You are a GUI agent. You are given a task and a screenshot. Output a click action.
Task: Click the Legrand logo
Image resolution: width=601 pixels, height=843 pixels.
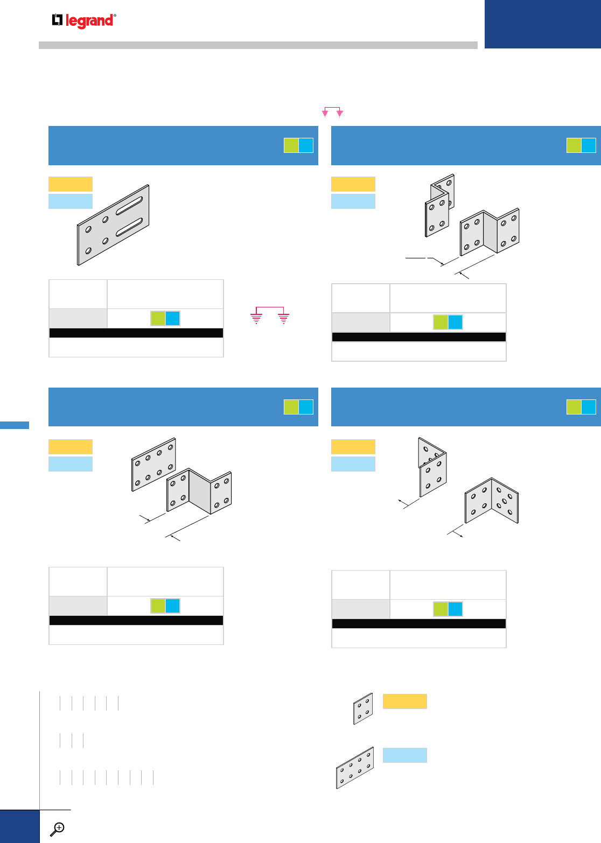pyautogui.click(x=84, y=20)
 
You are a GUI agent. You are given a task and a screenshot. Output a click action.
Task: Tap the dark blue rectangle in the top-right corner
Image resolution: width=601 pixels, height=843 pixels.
pyautogui.click(x=542, y=24)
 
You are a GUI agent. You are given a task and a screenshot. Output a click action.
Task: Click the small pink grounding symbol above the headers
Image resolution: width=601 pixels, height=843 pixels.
pyautogui.click(x=332, y=112)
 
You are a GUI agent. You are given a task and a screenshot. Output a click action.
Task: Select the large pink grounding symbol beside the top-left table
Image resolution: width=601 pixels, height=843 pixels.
pyautogui.click(x=270, y=314)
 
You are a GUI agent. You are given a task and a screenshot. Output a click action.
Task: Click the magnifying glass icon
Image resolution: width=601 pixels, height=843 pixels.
pyautogui.click(x=57, y=829)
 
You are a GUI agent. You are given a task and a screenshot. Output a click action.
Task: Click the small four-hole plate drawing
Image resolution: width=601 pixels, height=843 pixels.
pyautogui.click(x=363, y=708)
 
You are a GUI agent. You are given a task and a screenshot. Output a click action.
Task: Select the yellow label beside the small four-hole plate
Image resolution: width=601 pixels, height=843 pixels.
pyautogui.click(x=404, y=701)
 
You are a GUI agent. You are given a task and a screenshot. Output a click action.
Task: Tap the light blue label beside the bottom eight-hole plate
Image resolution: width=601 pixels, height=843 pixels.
pyautogui.click(x=404, y=755)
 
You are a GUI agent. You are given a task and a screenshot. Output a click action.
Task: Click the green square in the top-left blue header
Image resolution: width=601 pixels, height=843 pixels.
pyautogui.click(x=291, y=145)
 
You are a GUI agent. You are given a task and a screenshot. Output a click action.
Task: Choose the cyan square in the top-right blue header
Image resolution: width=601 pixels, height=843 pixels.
pyautogui.click(x=589, y=145)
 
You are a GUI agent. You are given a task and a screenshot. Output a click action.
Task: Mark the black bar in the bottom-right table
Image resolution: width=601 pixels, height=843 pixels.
pyautogui.click(x=418, y=623)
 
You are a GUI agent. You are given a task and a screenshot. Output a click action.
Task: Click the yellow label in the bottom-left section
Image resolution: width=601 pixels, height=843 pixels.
pyautogui.click(x=71, y=446)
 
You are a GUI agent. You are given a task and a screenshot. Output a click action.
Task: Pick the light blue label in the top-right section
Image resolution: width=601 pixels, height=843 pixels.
pyautogui.click(x=353, y=201)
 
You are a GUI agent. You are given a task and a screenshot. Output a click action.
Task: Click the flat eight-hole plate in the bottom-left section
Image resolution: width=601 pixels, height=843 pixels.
pyautogui.click(x=153, y=463)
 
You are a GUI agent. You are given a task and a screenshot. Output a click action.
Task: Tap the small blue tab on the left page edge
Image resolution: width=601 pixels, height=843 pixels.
pyautogui.click(x=15, y=425)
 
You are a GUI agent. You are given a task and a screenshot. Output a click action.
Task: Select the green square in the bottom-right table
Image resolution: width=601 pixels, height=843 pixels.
pyautogui.click(x=441, y=609)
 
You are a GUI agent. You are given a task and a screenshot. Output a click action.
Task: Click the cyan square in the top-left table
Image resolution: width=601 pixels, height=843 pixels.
pyautogui.click(x=172, y=318)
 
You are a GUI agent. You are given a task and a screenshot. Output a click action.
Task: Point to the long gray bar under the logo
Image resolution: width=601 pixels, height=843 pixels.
pyautogui.click(x=258, y=45)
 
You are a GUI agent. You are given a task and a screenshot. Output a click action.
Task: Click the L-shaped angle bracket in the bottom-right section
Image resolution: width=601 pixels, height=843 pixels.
pyautogui.click(x=491, y=501)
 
